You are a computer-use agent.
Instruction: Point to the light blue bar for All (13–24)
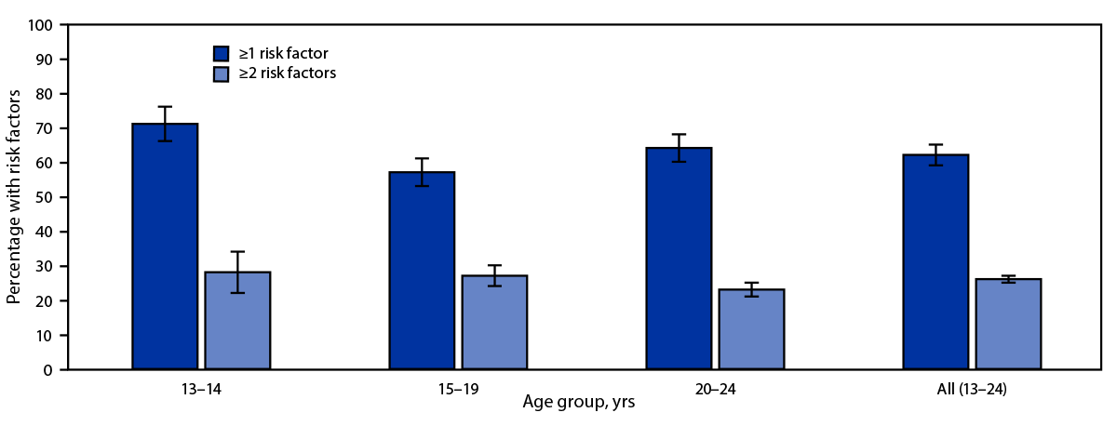[1008, 325]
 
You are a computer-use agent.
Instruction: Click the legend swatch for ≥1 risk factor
[222, 53]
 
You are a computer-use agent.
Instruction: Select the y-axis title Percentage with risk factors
[14, 197]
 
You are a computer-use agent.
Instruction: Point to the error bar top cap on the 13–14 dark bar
[165, 107]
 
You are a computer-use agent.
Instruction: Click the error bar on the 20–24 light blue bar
[751, 289]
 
